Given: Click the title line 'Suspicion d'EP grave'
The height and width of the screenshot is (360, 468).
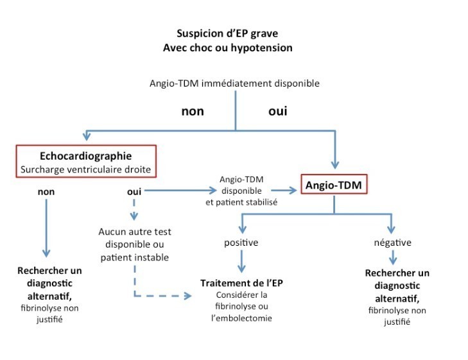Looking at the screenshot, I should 234,34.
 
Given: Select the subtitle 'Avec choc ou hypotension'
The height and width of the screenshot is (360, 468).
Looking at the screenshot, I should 234,47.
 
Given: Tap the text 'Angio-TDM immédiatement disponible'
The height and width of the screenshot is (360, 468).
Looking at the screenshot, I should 234,83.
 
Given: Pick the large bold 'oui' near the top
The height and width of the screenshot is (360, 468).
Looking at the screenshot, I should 277,111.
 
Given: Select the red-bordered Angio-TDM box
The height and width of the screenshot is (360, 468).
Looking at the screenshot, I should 333,187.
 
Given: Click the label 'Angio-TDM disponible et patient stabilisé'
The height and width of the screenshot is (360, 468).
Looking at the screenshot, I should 240,191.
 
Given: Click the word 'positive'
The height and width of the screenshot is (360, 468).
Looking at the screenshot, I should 241,243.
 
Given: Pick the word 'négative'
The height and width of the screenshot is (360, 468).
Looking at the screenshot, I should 392,243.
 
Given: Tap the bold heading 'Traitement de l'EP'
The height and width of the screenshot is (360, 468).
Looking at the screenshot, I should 241,283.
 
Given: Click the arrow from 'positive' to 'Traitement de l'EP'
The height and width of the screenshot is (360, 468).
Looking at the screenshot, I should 241,262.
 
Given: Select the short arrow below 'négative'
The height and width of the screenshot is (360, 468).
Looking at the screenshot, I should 392,257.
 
